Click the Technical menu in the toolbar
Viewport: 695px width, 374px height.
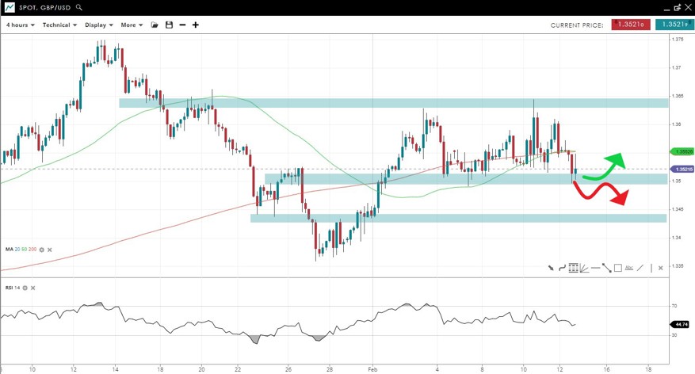pyautogui.click(x=59, y=25)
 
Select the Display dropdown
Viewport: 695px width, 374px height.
pyautogui.click(x=98, y=25)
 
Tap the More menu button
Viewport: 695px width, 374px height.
pyautogui.click(x=131, y=25)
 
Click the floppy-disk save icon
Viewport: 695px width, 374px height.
pyautogui.click(x=169, y=25)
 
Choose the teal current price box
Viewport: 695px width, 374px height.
pyautogui.click(x=674, y=25)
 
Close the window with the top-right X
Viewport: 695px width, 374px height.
pyautogui.click(x=682, y=7)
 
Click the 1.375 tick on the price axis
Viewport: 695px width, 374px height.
pyautogui.click(x=678, y=40)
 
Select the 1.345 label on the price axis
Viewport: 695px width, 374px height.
pyautogui.click(x=678, y=209)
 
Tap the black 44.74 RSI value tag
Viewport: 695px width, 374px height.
pyautogui.click(x=682, y=324)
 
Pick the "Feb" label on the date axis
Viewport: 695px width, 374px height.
pyautogui.click(x=372, y=368)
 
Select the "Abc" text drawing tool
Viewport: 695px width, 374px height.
pyautogui.click(x=628, y=268)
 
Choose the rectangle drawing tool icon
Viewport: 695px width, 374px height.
pyautogui.click(x=617, y=268)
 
